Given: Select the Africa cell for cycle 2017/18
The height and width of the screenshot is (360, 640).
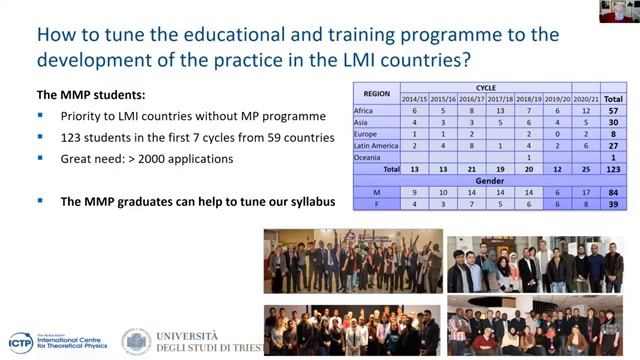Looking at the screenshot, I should coord(500,111).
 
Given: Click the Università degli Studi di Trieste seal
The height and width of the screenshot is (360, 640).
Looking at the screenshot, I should coord(136,341).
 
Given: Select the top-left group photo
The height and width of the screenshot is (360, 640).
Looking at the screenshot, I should coord(352,262).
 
